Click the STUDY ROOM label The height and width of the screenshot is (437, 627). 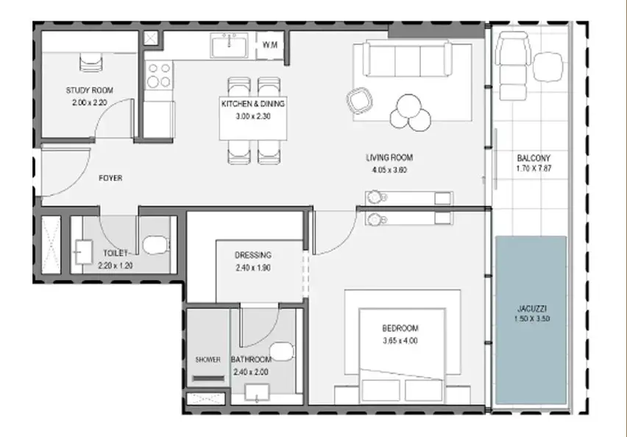coord(90,91)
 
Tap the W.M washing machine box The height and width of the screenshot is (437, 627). coord(269,45)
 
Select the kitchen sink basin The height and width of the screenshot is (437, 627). coord(230,46)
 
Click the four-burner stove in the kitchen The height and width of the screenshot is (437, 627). coord(159,75)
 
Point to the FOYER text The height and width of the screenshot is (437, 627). coord(110,178)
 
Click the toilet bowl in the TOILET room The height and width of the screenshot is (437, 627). coord(155,245)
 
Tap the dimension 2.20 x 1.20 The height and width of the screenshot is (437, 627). coord(115,265)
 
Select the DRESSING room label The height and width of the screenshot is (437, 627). coord(253,255)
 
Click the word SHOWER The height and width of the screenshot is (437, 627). coord(208,360)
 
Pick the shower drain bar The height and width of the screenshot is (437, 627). coord(208,378)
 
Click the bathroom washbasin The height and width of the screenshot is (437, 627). coord(257,393)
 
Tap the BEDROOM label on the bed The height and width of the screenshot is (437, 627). coord(400,329)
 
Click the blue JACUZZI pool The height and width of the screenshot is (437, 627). coord(531,320)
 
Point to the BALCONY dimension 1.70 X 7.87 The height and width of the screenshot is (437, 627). coord(534,169)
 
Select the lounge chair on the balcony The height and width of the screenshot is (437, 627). coord(513,66)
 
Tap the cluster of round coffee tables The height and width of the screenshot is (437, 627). coord(411,113)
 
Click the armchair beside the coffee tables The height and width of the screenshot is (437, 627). coord(359,100)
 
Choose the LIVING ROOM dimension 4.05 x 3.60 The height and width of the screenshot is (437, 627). coord(389,169)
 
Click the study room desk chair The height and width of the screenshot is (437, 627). coord(91,63)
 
